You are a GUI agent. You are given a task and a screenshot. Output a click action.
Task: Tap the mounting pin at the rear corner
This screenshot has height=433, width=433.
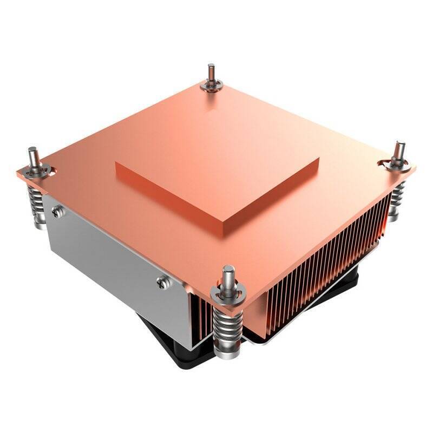coord(211,74)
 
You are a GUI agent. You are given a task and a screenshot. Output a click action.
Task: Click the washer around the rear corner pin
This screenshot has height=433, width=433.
coord(211,86)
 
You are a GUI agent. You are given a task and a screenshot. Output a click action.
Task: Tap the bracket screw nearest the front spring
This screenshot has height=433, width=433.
coord(161,280)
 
